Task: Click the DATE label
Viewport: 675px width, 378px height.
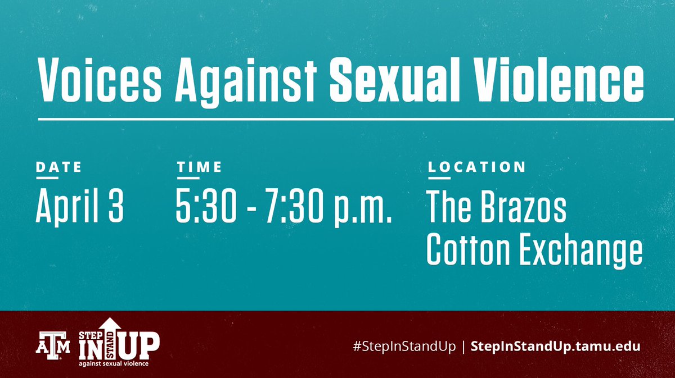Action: pos(58,167)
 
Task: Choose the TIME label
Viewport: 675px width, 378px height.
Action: pos(199,167)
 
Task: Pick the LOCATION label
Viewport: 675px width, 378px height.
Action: pos(477,167)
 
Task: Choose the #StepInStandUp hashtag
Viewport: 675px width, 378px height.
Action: pos(403,345)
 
